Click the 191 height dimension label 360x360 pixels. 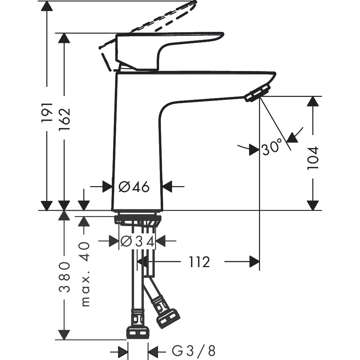coord(47,112)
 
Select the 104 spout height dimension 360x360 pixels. coord(313,158)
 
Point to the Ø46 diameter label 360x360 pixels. coord(134,187)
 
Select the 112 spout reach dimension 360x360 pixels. coord(199,262)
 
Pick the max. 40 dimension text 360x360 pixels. coord(85,274)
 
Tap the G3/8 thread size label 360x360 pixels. coord(193,350)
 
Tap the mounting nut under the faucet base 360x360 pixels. coord(138,220)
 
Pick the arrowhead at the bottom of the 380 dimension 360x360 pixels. coord(65,334)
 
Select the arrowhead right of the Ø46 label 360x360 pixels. coord(168,187)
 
